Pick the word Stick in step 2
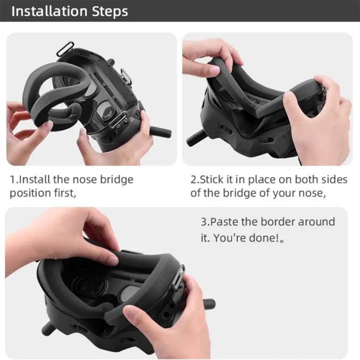(x=211, y=180)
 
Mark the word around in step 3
(x=316, y=222)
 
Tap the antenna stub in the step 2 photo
(x=197, y=138)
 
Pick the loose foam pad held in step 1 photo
(x=48, y=103)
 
